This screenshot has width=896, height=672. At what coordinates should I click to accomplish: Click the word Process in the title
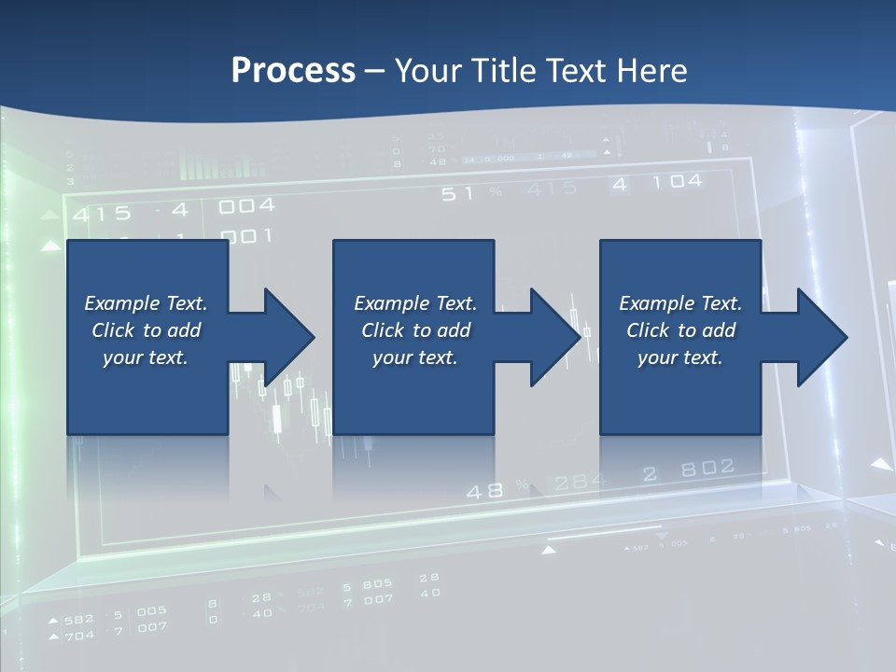point(293,71)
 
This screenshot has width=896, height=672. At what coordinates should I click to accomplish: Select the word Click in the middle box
point(384,330)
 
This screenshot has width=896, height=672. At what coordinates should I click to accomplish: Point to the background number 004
point(246,206)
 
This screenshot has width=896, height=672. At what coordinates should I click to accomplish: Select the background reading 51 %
point(471,193)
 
